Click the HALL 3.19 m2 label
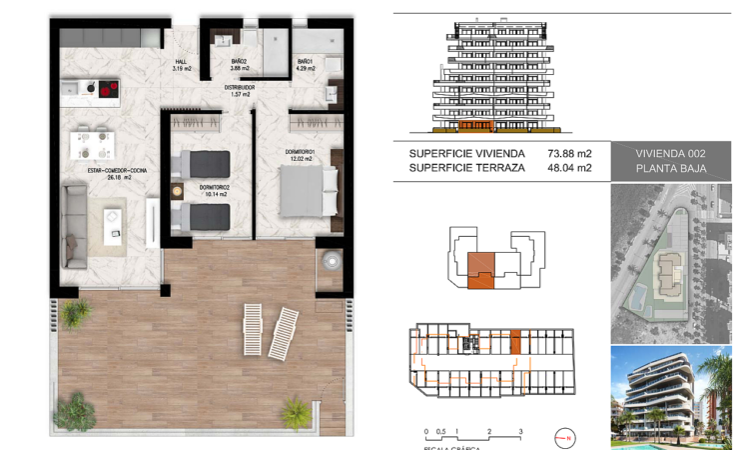point(181,65)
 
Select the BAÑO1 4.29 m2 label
point(305,65)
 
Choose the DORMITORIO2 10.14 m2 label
point(214,190)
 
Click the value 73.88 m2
point(570,154)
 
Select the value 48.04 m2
point(570,169)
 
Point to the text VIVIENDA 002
point(670,154)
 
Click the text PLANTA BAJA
point(670,169)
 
